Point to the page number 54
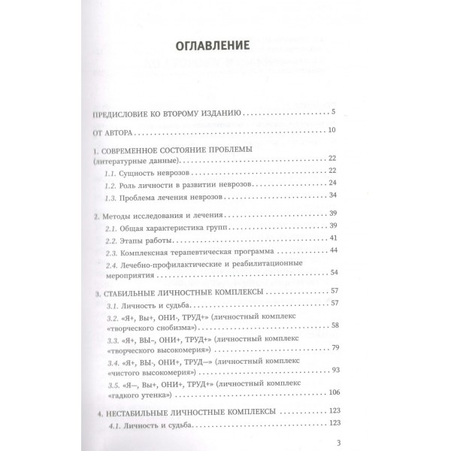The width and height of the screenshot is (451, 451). [x=334, y=271]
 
